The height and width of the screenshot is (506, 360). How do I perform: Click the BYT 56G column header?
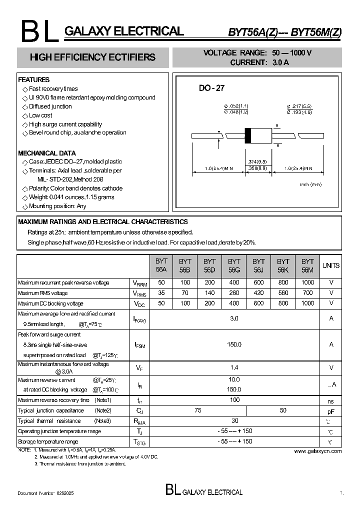pos(234,265)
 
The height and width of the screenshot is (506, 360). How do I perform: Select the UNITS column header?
pos(330,265)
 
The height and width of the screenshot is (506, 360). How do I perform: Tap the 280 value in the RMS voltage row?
pos(234,293)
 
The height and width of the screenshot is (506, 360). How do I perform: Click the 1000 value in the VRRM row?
pos(308,282)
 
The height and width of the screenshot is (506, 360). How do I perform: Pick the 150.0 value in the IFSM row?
pos(234,344)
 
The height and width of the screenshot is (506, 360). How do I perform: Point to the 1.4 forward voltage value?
pos(234,367)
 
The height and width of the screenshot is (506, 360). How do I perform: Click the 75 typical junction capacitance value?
pos(198,410)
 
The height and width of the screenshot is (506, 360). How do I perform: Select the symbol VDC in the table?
pos(139,304)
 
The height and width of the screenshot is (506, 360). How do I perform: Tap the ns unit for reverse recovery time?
pos(330,401)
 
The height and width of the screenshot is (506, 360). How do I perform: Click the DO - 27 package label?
pos(211,88)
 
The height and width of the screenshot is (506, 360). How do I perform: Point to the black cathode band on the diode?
pos(247,135)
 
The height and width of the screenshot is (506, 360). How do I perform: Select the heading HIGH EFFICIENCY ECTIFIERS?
pos(92,57)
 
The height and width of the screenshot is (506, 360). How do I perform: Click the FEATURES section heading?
pos(34,79)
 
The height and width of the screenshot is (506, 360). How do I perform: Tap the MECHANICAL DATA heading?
pos(47,153)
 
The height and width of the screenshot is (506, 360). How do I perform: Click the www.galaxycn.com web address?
pos(317,451)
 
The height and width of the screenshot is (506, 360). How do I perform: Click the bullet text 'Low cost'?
pos(40,115)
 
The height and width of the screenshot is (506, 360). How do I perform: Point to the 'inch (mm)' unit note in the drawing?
pos(310,184)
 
